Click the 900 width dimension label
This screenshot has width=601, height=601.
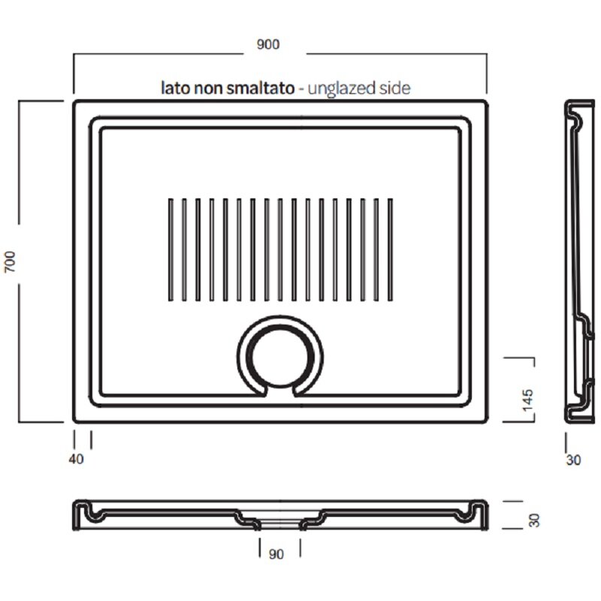(x=268, y=44)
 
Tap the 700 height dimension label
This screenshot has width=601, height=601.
(x=10, y=261)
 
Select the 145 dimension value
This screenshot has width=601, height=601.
(x=528, y=400)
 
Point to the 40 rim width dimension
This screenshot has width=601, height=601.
(x=76, y=459)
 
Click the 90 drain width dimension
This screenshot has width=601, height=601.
(x=276, y=554)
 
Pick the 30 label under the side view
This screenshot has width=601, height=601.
(x=573, y=460)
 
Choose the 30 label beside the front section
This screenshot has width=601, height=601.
(x=533, y=520)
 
